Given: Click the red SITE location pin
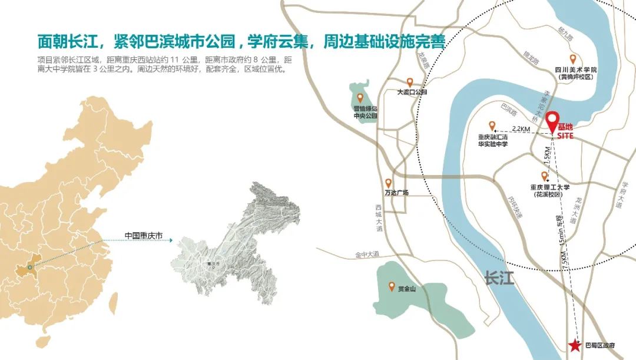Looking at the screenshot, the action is (x=552, y=121).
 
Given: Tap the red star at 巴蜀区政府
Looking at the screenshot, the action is (x=574, y=345).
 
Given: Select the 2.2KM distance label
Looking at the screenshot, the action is (x=521, y=128).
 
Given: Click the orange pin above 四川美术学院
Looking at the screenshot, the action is (x=572, y=59).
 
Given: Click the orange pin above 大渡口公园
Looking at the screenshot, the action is (x=410, y=83).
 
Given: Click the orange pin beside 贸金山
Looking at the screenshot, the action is (x=391, y=287).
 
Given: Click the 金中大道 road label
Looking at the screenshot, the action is (x=367, y=255).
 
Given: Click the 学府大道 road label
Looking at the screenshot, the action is (x=622, y=194).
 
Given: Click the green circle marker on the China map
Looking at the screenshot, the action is (x=30, y=266).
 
